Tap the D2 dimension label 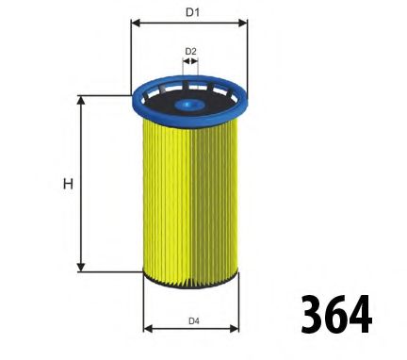point(190,51)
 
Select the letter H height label point(68,184)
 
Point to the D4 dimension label point(193,321)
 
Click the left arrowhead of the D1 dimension point(134,23)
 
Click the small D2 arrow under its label point(190,62)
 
